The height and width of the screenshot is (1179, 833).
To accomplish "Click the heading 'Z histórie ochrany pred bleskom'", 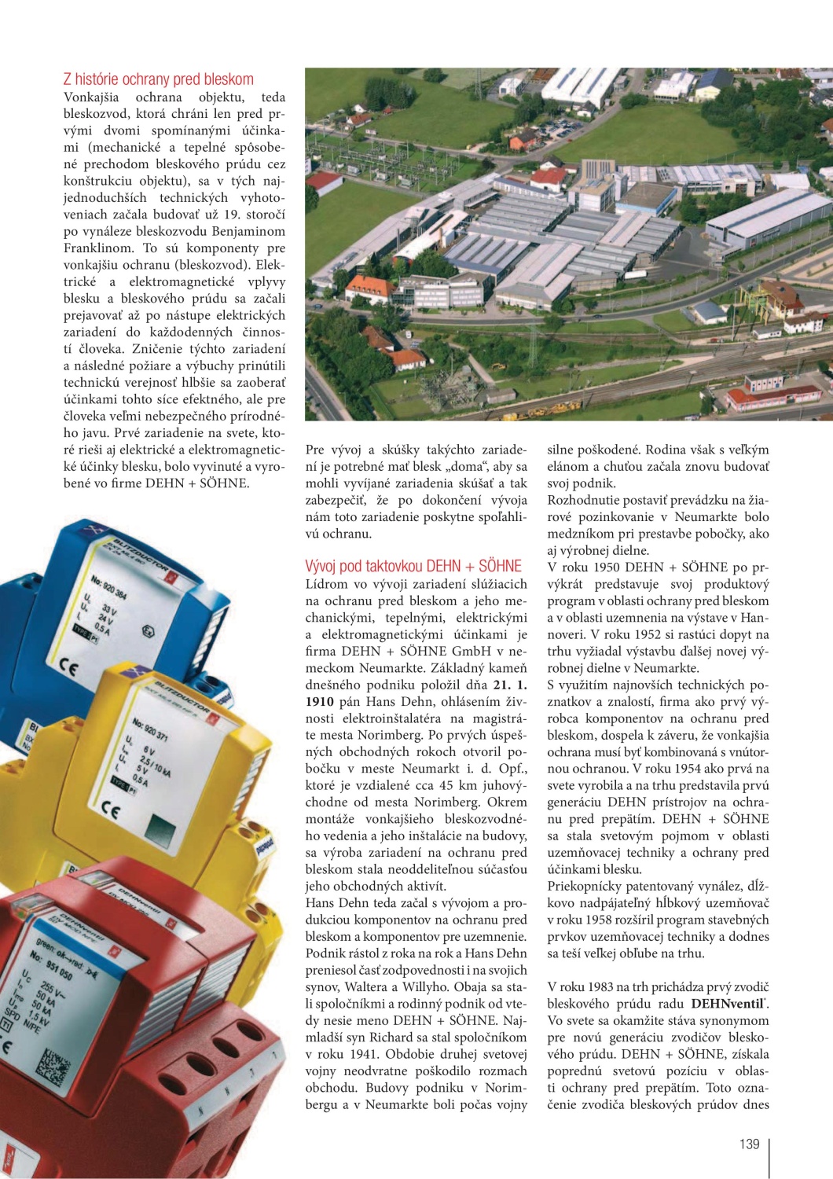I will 158,79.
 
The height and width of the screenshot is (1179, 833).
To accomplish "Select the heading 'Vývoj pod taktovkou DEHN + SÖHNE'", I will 413,566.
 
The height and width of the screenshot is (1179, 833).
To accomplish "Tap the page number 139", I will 750,1144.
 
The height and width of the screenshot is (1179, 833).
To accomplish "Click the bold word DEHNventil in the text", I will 728,1004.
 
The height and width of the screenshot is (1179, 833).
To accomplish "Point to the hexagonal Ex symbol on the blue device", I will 146,630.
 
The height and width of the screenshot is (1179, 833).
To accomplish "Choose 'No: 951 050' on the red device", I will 52,964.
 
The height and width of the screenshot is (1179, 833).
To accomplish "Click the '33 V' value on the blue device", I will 109,611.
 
